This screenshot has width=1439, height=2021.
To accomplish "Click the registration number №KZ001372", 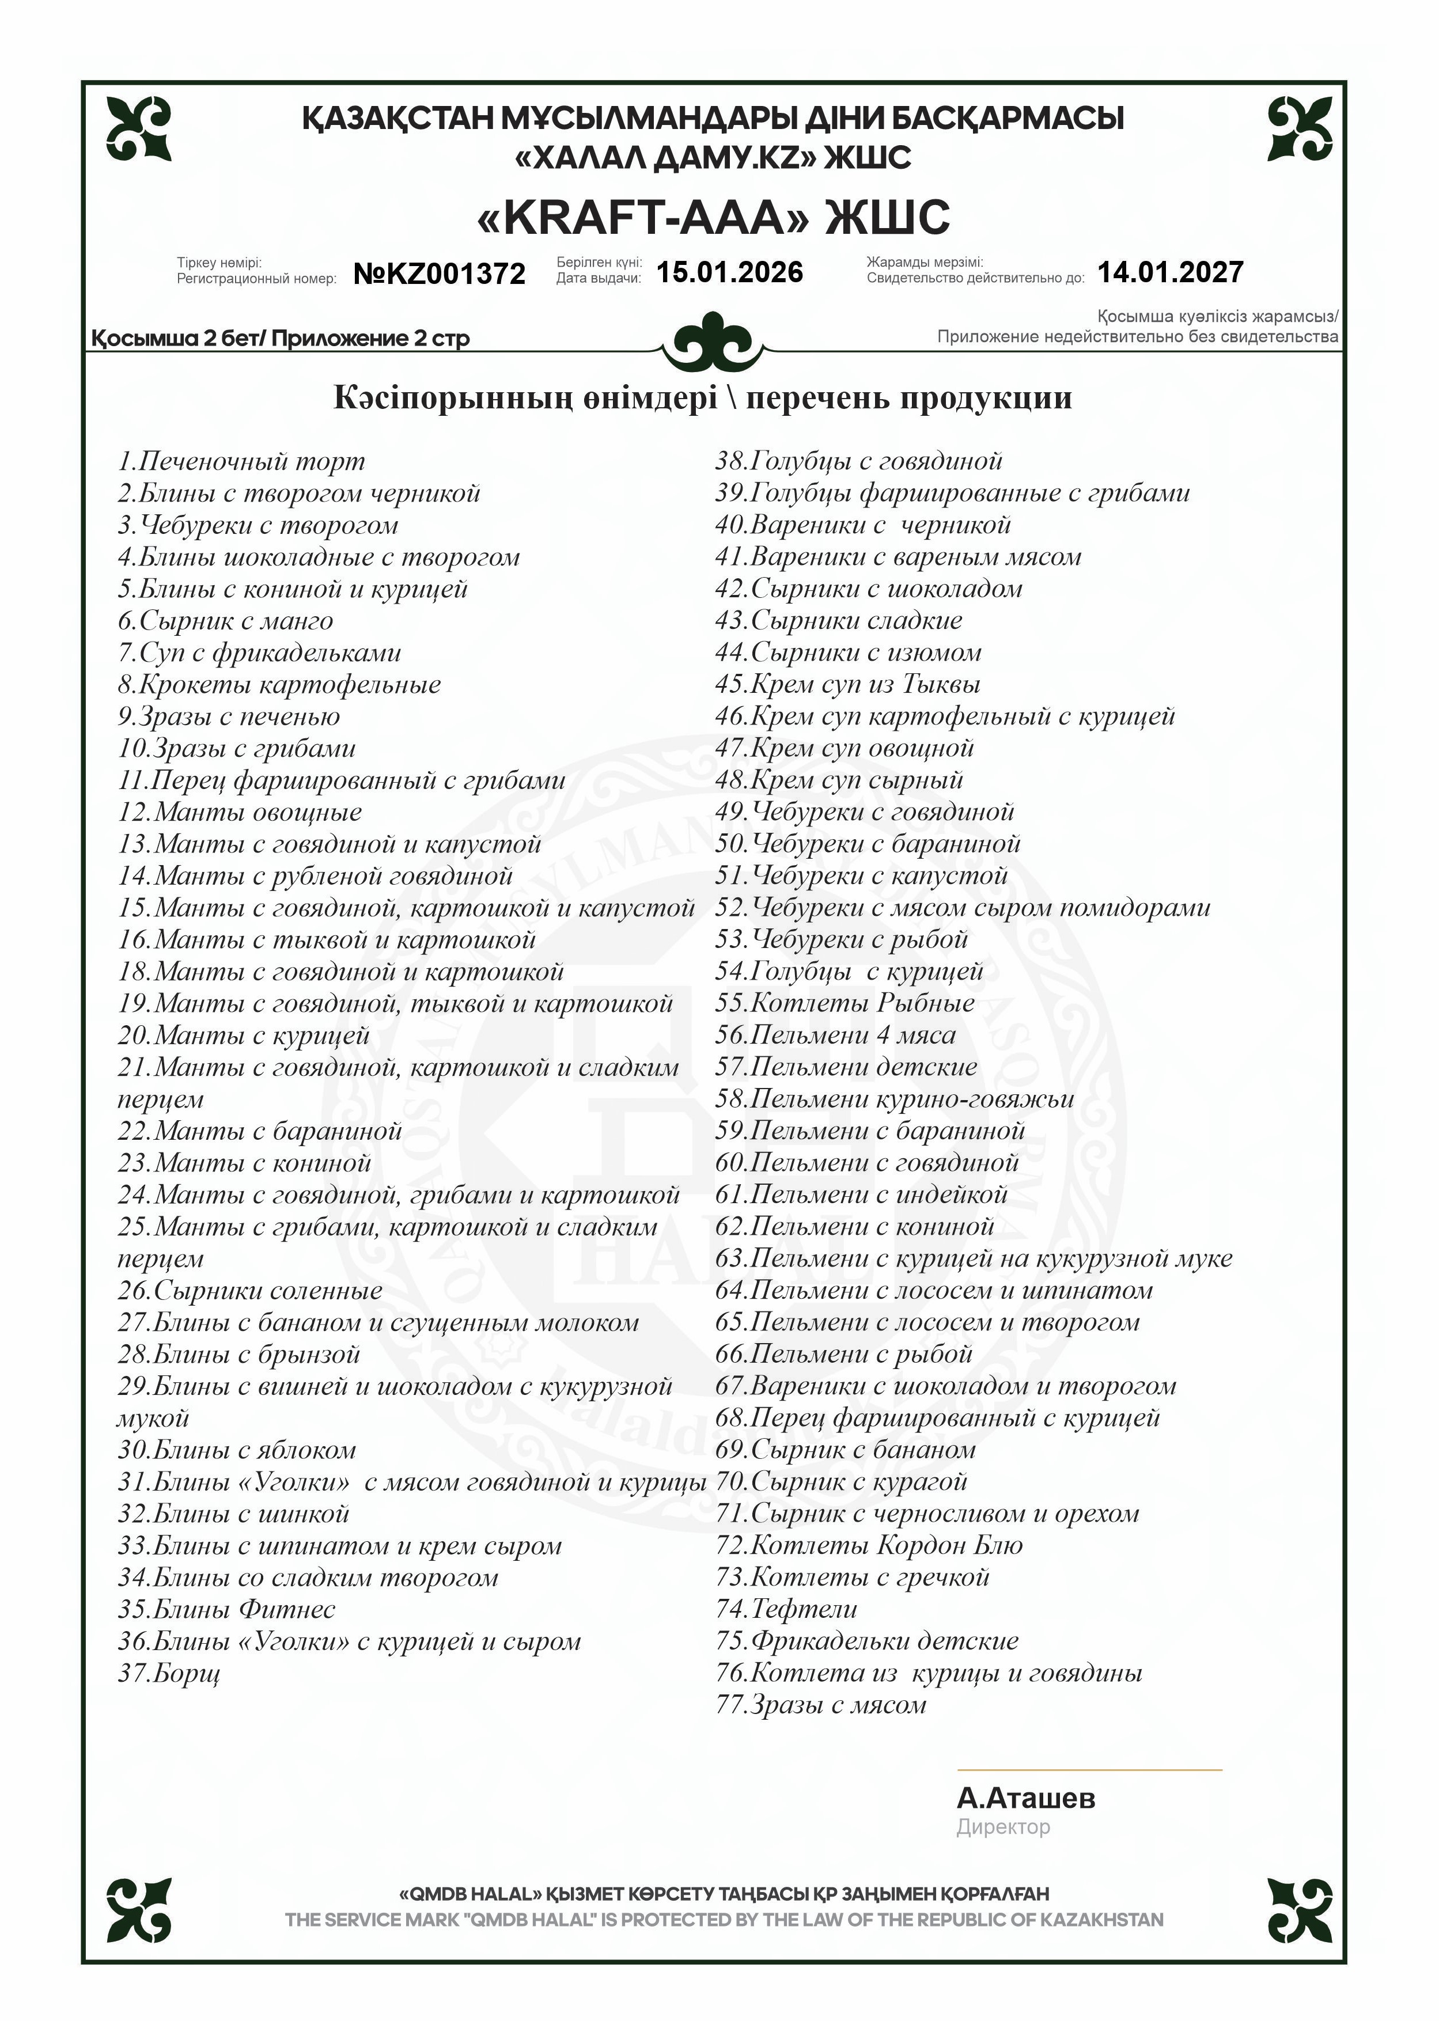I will point(440,274).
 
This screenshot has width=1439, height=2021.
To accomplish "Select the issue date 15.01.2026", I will point(729,272).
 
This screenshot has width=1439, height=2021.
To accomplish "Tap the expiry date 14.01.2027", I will point(1171,272).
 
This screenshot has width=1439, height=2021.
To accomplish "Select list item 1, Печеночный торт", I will point(241,461).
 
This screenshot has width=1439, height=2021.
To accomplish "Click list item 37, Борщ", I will point(169,1674).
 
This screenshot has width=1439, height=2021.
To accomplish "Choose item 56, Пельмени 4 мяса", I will point(836,1036).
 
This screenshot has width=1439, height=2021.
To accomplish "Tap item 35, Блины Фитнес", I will point(227,1610).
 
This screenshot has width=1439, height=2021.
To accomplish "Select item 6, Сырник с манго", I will point(226,621).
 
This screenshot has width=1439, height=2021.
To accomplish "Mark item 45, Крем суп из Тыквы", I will point(848,685).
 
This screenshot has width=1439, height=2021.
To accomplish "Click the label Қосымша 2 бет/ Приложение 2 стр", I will point(281,339).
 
